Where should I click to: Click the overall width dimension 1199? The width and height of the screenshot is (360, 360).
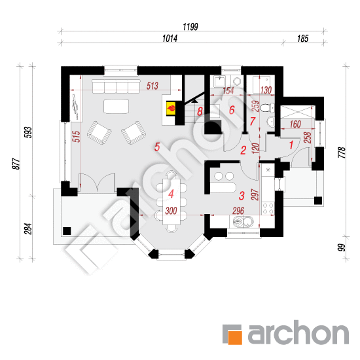pyautogui.click(x=190, y=27)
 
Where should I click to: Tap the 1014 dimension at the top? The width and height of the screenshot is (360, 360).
pyautogui.click(x=170, y=39)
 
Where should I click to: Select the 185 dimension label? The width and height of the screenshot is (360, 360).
pyautogui.click(x=302, y=39)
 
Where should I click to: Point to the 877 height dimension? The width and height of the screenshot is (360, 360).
pyautogui.click(x=16, y=164)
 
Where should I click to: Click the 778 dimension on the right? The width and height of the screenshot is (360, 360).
pyautogui.click(x=342, y=153)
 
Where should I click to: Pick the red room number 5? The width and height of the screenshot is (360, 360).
pyautogui.click(x=157, y=147)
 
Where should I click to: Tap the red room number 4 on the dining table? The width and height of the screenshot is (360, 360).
pyautogui.click(x=171, y=194)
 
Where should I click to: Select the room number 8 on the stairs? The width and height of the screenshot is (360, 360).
pyautogui.click(x=200, y=111)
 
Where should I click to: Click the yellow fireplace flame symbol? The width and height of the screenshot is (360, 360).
pyautogui.click(x=171, y=107)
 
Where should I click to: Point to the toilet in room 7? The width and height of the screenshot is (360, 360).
pyautogui.click(x=267, y=108)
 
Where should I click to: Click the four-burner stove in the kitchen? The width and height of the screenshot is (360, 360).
pyautogui.click(x=268, y=209)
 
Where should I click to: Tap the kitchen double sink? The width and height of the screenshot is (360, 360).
pyautogui.click(x=242, y=221)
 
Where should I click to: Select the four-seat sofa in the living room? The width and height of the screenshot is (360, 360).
pyautogui.click(x=116, y=86)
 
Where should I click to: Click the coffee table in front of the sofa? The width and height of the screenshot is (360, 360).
pyautogui.click(x=116, y=106)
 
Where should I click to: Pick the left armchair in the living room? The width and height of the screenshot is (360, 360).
pyautogui.click(x=99, y=133)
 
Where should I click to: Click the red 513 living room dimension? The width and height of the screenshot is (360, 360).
pyautogui.click(x=153, y=86)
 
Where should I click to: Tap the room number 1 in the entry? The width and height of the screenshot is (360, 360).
pyautogui.click(x=291, y=145)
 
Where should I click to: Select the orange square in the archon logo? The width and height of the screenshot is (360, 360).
pyautogui.click(x=232, y=334)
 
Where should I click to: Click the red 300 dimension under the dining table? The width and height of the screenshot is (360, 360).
pyautogui.click(x=171, y=211)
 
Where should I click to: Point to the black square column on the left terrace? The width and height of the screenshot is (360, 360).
pyautogui.click(x=67, y=231)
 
